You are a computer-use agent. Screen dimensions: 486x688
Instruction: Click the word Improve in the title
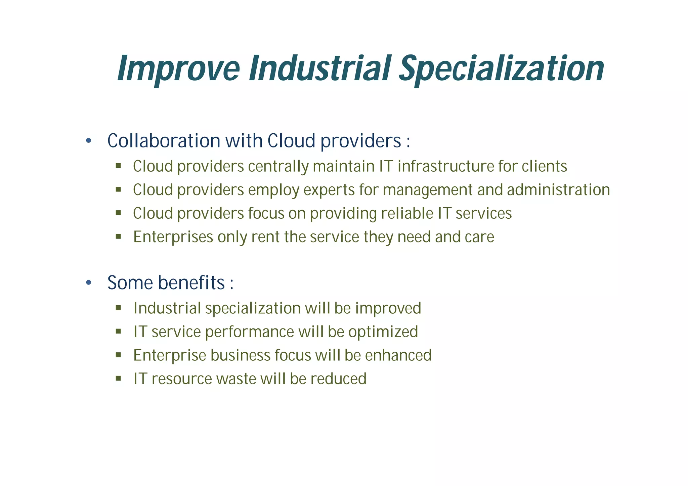coord(178,69)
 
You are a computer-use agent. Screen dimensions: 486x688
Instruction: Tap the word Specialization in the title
coord(502,69)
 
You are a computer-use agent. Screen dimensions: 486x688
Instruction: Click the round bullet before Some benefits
coord(89,283)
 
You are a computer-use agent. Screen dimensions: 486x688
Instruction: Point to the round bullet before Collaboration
coord(89,141)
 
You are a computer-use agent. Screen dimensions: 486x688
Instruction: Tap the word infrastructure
coord(445,166)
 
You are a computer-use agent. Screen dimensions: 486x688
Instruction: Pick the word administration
coord(558,190)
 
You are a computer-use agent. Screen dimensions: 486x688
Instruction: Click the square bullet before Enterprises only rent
coord(118,236)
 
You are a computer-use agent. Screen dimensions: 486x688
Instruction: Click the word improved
coord(388,308)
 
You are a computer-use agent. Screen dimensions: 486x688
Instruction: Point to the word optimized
coord(383,332)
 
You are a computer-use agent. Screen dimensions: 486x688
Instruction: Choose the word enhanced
coord(398,355)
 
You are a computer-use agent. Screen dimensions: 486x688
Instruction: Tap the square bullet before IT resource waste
coord(118,379)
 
